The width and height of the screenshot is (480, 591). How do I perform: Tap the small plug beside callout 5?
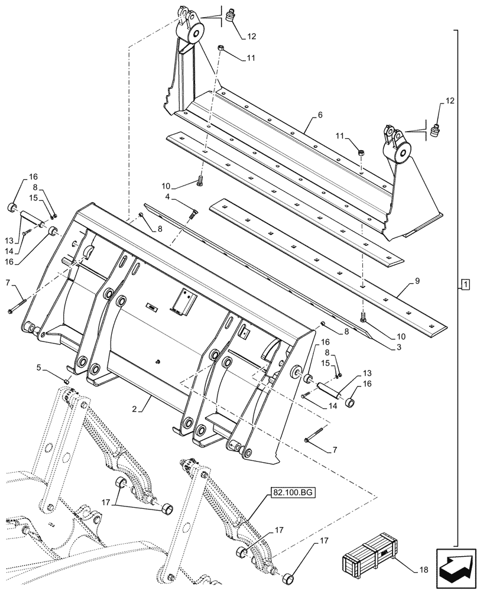click(x=67, y=382)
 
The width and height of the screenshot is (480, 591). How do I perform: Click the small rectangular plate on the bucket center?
click(x=152, y=307)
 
